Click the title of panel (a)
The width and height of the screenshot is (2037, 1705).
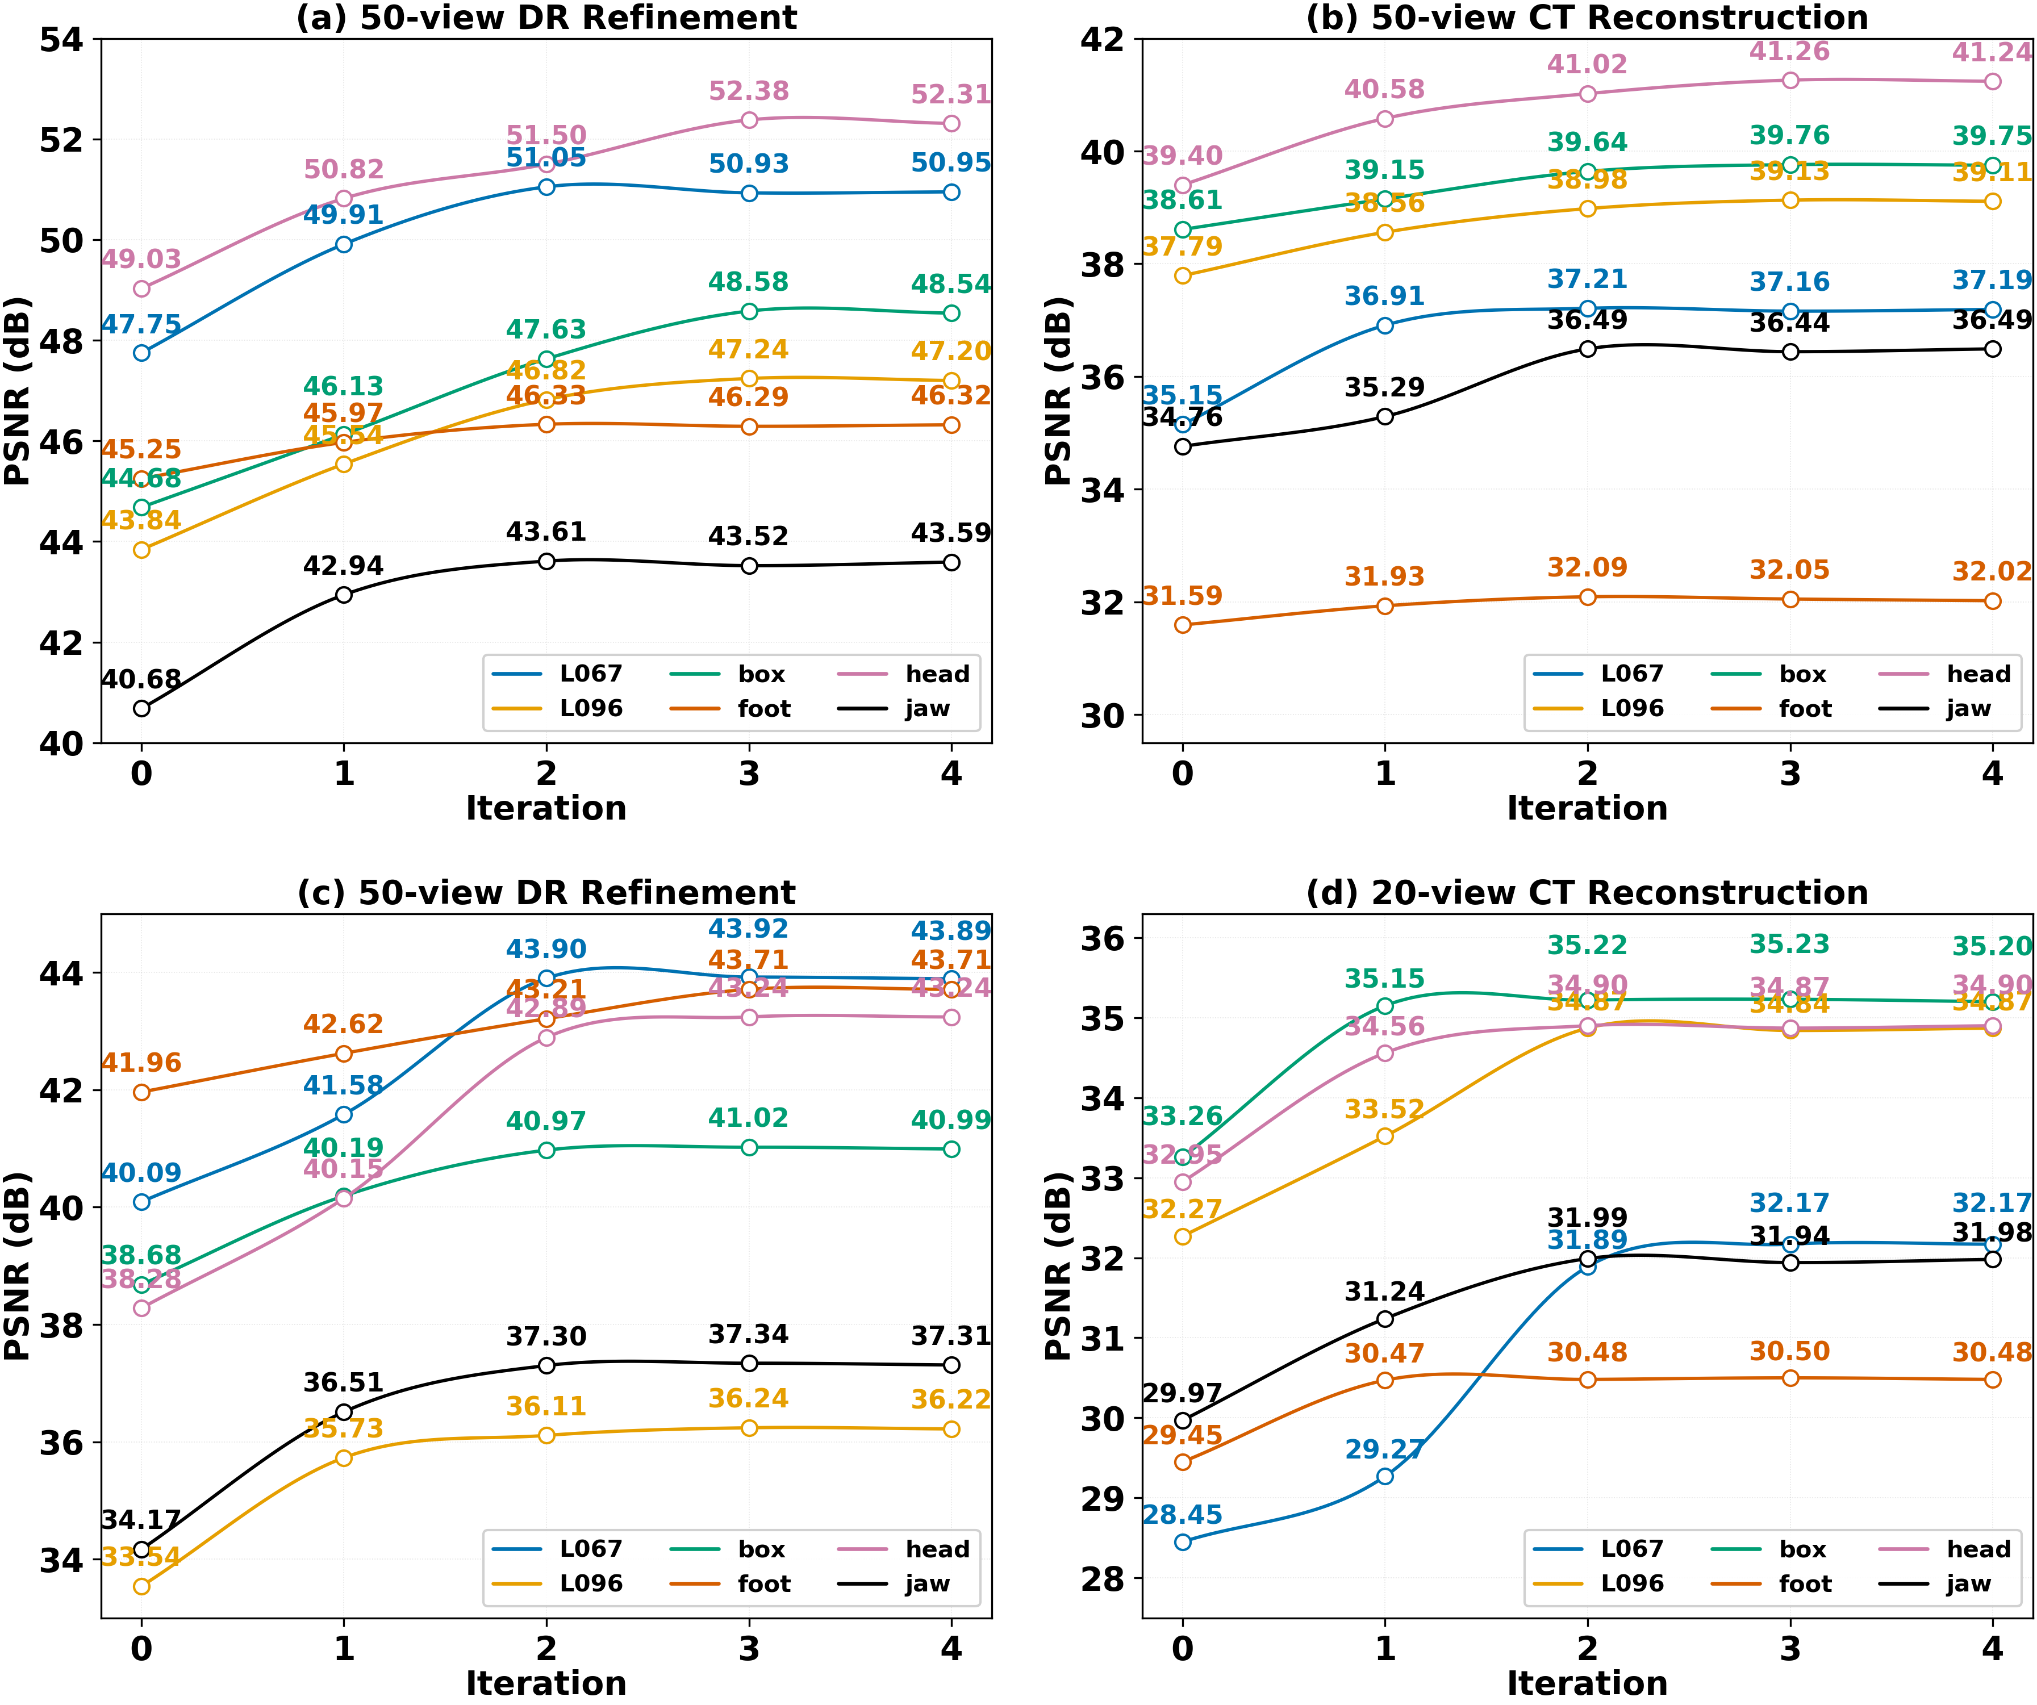(546, 18)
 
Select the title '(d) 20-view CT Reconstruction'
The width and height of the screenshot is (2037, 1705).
(1587, 892)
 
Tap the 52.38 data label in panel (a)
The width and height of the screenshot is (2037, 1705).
(749, 91)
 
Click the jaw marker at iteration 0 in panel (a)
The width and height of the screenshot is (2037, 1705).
(141, 709)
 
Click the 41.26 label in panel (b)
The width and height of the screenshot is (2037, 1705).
(1790, 52)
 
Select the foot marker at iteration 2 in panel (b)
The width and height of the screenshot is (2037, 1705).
(1588, 597)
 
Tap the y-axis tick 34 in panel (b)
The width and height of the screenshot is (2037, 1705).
(1103, 491)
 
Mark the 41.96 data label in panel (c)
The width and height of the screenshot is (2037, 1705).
(141, 1063)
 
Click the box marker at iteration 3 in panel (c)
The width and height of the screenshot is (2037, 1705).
(749, 1147)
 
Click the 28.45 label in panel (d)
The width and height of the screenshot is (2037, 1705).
(1183, 1515)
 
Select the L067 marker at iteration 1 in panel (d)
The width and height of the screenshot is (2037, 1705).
(1385, 1476)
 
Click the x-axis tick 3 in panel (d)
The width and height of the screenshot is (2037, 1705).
(1790, 1649)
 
